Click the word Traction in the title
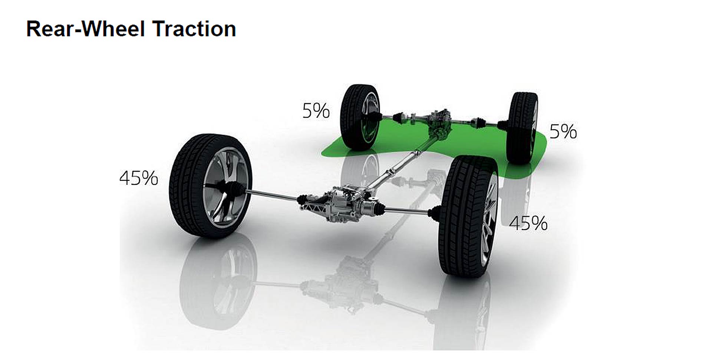pos(194,29)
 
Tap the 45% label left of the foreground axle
pos(139,178)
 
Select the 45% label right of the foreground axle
pos(528,224)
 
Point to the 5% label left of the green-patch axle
pos(316,111)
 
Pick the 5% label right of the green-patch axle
pos(563,132)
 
